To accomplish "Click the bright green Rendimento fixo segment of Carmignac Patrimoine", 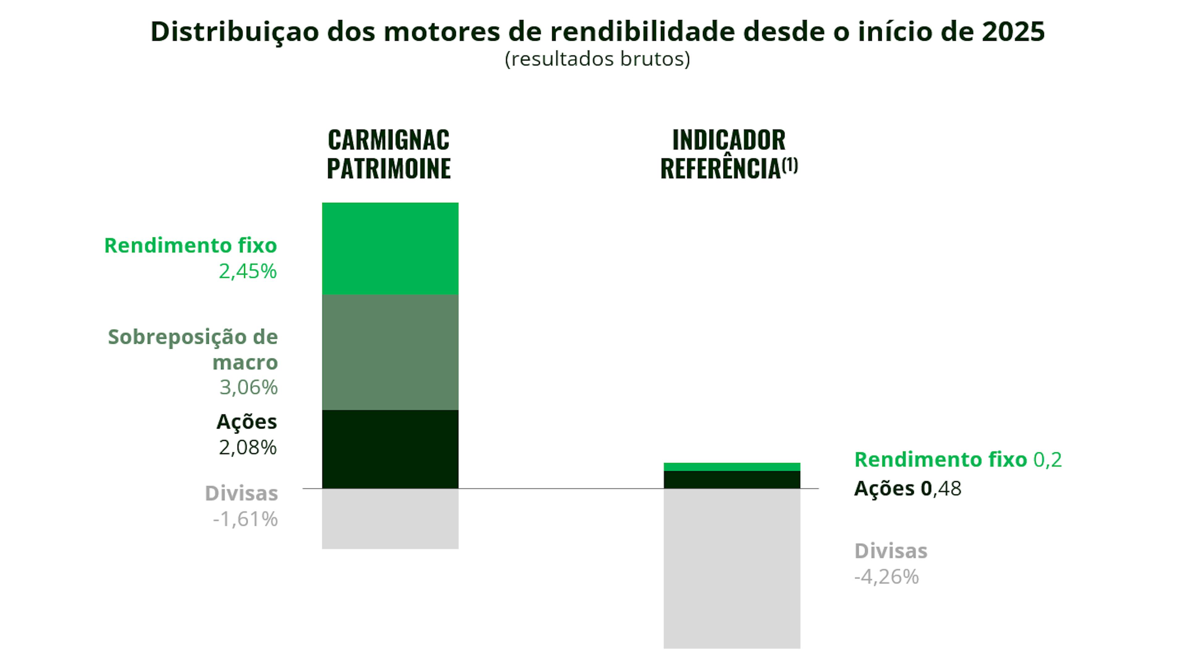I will [390, 248].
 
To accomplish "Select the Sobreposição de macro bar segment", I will [390, 352].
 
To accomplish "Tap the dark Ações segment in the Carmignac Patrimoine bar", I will [390, 449].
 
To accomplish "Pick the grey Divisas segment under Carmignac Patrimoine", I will [390, 518].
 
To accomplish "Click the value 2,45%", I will [247, 271].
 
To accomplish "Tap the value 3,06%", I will [248, 388].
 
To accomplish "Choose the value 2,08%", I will [247, 447].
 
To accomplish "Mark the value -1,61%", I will [245, 519].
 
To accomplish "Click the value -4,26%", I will [886, 577].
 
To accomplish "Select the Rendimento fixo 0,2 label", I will [957, 459].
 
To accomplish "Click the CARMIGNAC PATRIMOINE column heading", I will [389, 154].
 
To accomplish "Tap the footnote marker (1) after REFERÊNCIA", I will [790, 165].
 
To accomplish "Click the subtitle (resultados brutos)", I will [597, 59].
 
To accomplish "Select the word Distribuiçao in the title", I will [235, 32].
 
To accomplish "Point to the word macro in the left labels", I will [245, 362].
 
